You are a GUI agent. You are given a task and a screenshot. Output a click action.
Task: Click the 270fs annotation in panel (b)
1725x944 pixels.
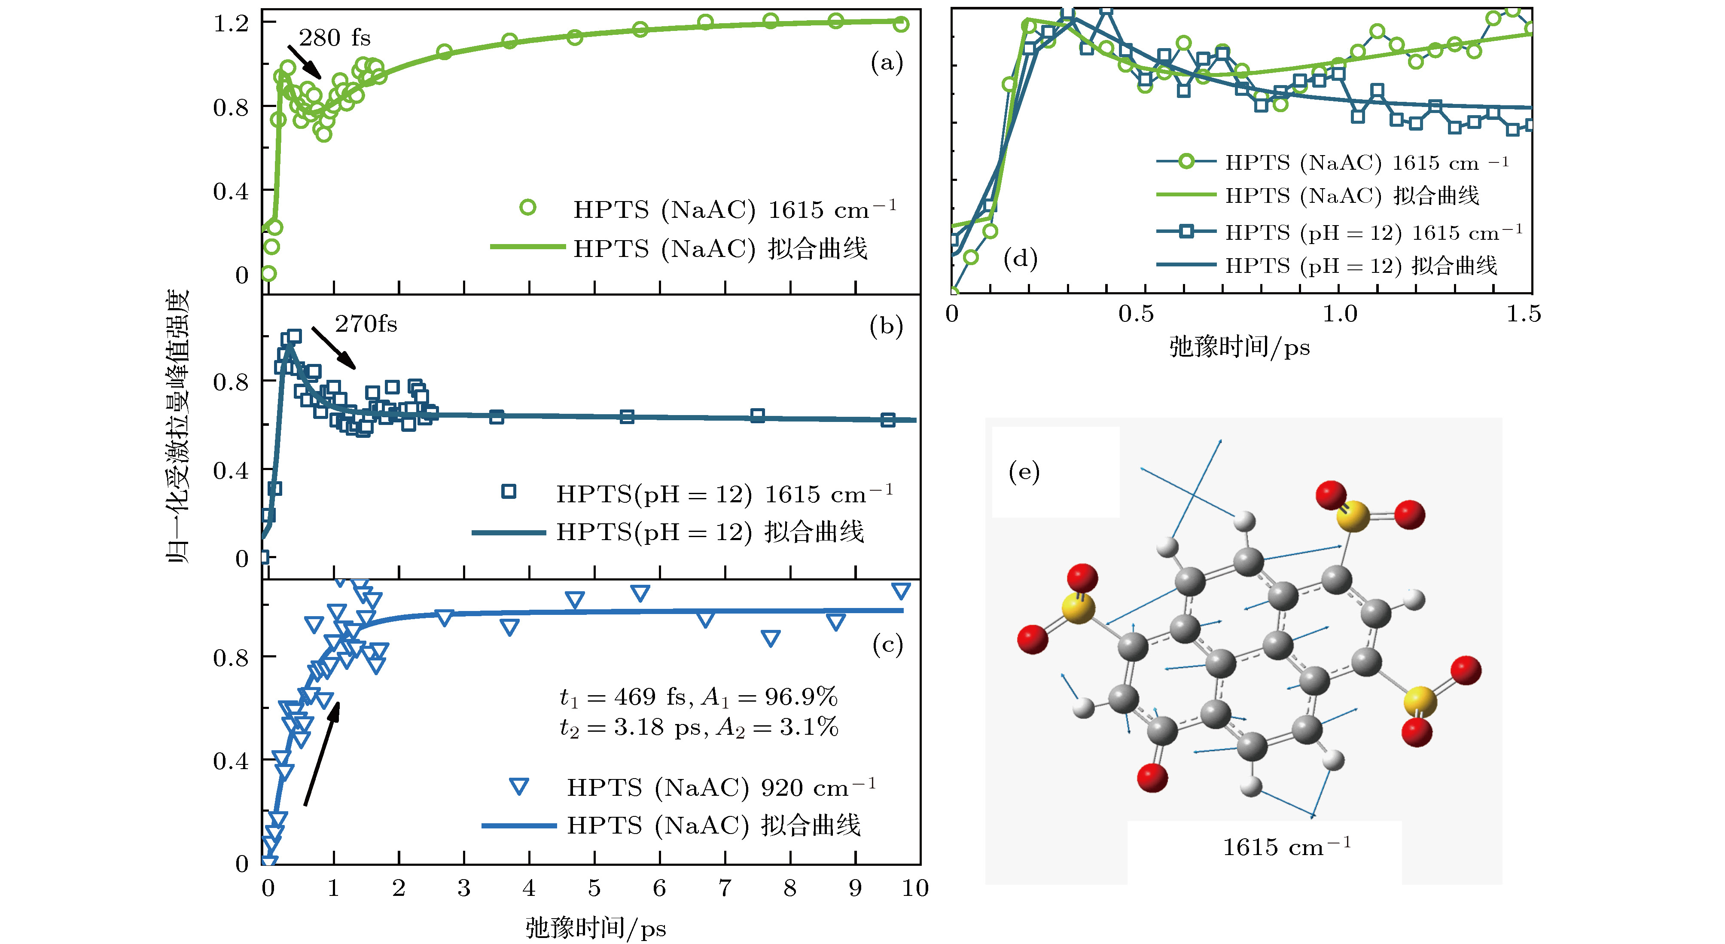tap(366, 324)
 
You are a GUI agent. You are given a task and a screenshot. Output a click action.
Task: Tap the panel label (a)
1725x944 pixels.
tap(887, 63)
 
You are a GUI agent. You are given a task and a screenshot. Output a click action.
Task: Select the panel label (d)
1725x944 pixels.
tap(1020, 259)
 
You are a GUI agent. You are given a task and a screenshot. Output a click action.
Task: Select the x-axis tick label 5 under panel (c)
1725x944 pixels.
tap(594, 889)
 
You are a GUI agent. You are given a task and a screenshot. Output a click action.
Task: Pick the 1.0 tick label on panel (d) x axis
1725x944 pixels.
tap(1339, 314)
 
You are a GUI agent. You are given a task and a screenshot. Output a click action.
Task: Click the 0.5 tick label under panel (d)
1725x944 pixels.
tap(1136, 314)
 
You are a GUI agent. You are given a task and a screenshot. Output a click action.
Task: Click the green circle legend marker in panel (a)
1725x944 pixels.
tap(527, 208)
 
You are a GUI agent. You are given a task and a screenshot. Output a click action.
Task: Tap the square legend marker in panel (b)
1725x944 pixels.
tap(509, 492)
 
